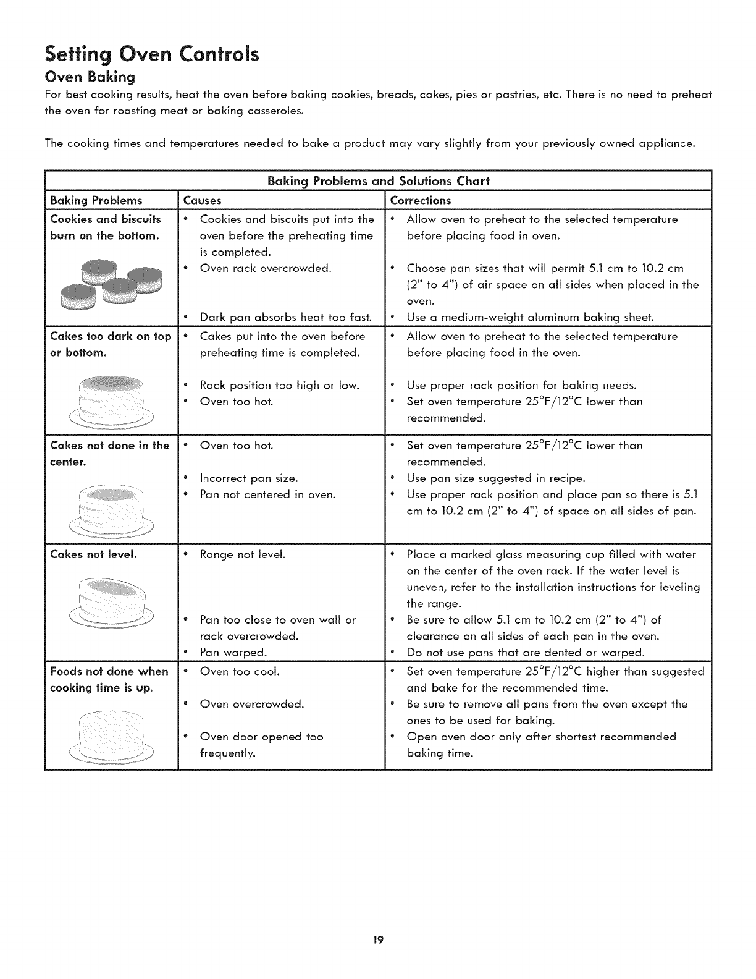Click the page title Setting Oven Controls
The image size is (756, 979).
(x=152, y=54)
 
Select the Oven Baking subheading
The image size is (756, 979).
(x=90, y=78)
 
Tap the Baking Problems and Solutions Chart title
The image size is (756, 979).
(x=378, y=181)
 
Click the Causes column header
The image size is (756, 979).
(x=202, y=200)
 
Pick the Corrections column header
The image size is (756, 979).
(x=421, y=200)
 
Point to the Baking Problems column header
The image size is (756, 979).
(x=96, y=200)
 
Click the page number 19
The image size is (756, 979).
(x=378, y=941)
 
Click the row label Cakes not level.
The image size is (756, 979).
(x=93, y=554)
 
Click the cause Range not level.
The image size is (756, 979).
(x=243, y=554)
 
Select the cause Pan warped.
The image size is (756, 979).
(x=233, y=653)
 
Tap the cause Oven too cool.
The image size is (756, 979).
(x=240, y=671)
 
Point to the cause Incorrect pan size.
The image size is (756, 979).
(x=249, y=478)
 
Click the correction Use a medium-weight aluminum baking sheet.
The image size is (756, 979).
(x=530, y=318)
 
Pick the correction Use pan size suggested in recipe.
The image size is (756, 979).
(x=495, y=478)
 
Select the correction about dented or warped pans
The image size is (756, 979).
(x=526, y=653)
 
